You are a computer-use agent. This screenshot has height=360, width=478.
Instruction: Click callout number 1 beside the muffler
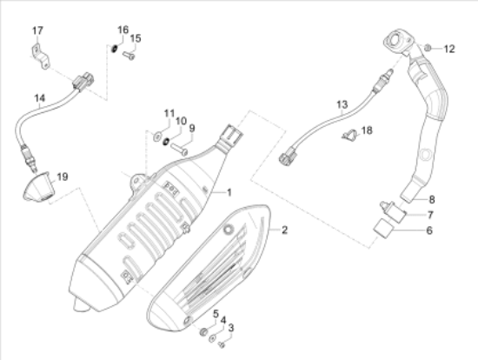(x=230, y=192)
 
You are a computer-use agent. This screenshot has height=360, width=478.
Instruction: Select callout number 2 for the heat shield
(x=282, y=230)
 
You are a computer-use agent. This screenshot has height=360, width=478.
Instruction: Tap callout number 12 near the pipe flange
(x=448, y=48)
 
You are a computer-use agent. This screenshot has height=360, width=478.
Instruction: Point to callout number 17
(x=37, y=32)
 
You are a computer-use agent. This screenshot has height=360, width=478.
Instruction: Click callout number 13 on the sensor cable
(x=342, y=104)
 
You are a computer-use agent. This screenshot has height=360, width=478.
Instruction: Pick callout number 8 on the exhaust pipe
(x=431, y=199)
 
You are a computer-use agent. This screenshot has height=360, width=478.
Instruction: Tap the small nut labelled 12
(x=429, y=46)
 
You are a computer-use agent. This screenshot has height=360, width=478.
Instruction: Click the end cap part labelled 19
(x=33, y=190)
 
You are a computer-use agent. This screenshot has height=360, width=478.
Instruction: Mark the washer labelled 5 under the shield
(x=202, y=332)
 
